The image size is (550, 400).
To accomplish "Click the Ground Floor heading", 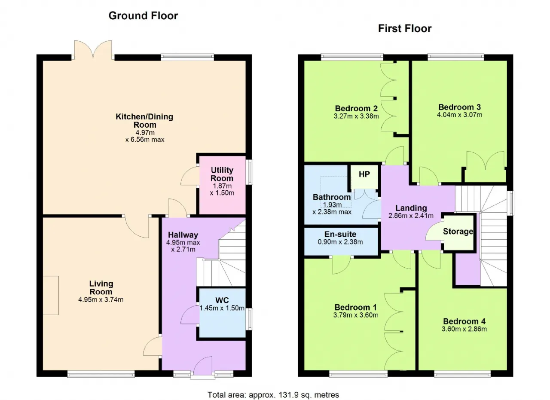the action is [x=143, y=16].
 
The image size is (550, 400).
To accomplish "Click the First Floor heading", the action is [x=405, y=29].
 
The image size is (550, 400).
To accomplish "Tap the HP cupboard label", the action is [x=364, y=174].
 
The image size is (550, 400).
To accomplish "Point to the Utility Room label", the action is [x=222, y=174].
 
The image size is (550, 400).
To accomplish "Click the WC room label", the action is [x=222, y=300].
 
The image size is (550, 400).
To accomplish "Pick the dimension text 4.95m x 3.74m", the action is [x=101, y=299].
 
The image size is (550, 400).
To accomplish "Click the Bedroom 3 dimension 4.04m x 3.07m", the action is [x=459, y=115].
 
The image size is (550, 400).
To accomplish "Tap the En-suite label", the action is [x=340, y=234].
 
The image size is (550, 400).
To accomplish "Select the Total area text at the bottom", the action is [x=273, y=395].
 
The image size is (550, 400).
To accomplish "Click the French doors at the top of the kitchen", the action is [x=93, y=50].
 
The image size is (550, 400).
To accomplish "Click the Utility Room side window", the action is [x=250, y=172].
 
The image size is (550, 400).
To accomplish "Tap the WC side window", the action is [x=250, y=319].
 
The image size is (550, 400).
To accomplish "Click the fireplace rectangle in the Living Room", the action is [x=51, y=296].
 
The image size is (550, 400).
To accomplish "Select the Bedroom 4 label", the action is [x=464, y=321].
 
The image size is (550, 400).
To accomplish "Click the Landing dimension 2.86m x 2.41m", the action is [x=411, y=216].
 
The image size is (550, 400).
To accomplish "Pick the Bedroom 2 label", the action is [x=356, y=108].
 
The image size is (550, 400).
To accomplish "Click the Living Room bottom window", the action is [x=101, y=374].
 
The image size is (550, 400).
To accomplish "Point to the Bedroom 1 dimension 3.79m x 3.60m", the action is [x=355, y=315].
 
